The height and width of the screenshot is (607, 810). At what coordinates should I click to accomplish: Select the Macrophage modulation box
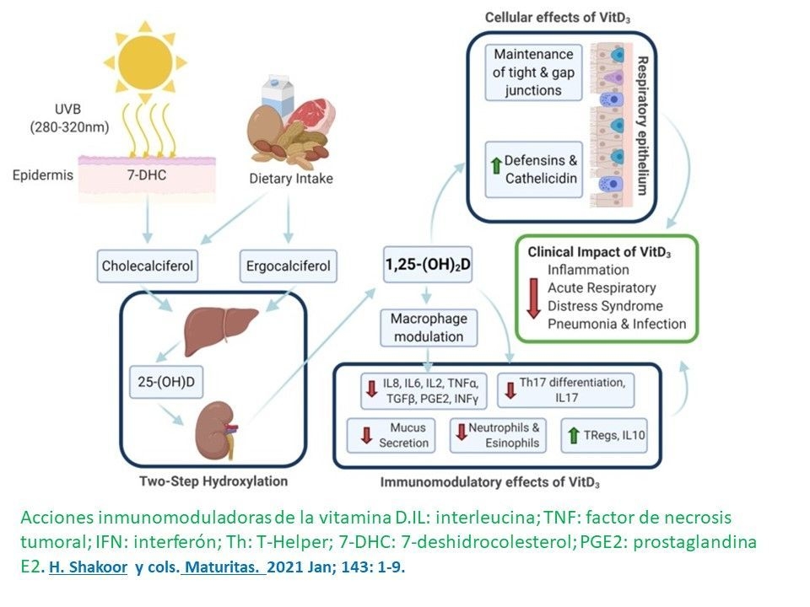[429, 327]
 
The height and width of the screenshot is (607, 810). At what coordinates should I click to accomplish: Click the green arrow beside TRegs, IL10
[575, 435]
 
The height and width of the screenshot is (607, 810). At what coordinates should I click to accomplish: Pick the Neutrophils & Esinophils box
[497, 435]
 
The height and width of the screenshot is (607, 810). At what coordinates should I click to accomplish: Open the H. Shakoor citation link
[88, 567]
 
